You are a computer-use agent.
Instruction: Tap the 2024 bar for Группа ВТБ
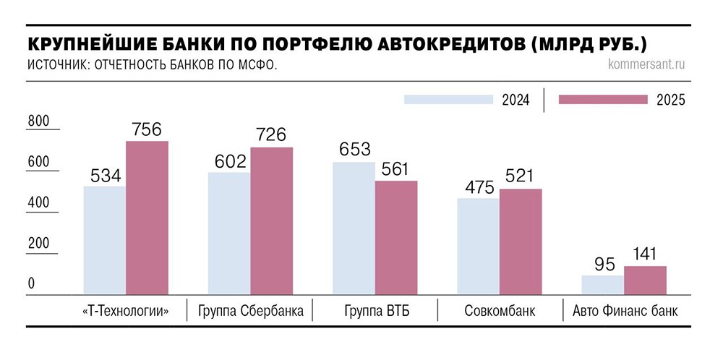[354, 228]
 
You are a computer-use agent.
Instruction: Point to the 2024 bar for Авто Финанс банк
[603, 284]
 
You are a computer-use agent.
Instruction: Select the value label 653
[354, 150]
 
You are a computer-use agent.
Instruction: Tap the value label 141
[645, 255]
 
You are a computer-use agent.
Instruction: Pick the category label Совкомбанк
[500, 312]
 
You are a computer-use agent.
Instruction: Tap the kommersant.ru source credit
[646, 64]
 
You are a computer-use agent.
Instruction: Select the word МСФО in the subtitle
[254, 64]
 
